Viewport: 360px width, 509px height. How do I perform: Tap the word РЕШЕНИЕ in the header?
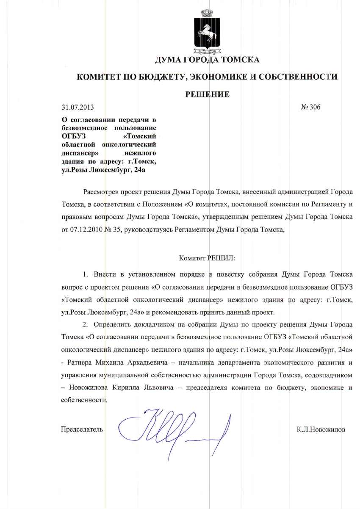(x=208, y=94)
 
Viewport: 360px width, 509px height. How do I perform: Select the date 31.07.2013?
(x=78, y=107)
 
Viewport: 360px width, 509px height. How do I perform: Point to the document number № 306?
(x=310, y=107)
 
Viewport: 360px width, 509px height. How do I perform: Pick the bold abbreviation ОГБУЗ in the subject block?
(x=73, y=136)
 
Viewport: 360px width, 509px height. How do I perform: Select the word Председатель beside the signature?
(x=82, y=429)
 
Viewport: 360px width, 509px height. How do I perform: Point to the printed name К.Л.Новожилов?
(x=321, y=429)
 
